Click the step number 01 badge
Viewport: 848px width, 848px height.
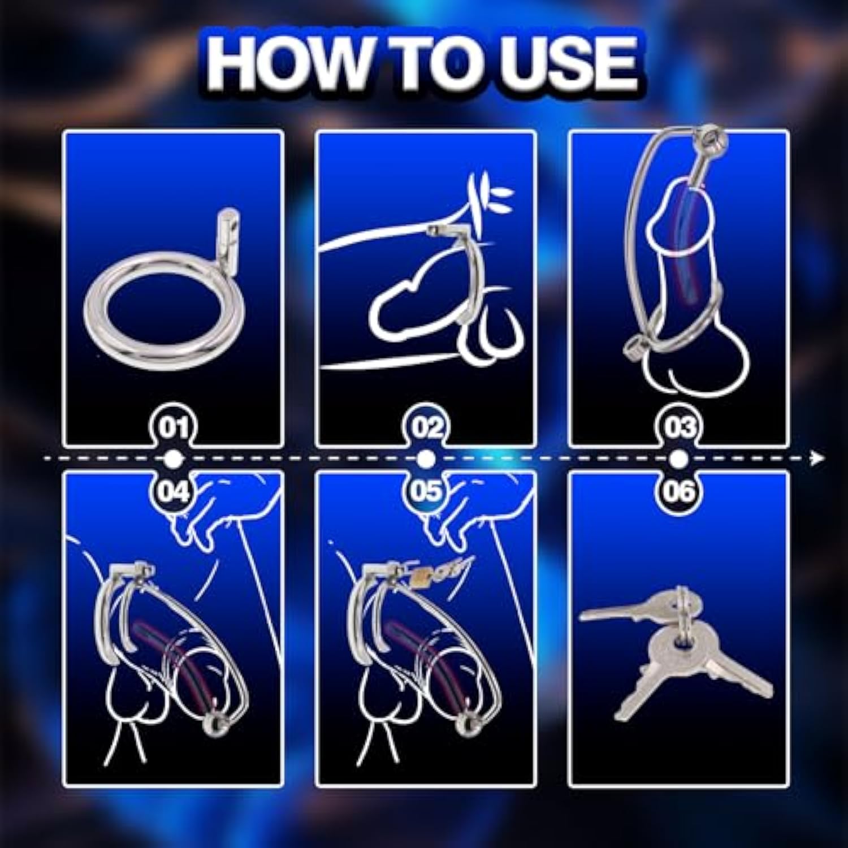(x=174, y=427)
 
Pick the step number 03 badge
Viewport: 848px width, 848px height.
(x=678, y=427)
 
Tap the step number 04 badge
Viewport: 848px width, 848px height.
(x=174, y=490)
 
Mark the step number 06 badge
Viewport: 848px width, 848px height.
(x=678, y=490)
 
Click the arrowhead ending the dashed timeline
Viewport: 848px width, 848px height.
(x=817, y=458)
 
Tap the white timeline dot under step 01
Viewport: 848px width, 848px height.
(x=174, y=458)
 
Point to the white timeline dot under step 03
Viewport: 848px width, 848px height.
(x=678, y=458)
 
